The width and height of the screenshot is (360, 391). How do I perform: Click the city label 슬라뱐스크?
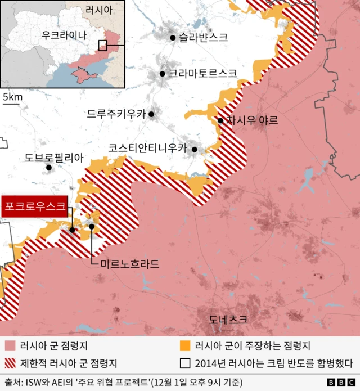[203, 38]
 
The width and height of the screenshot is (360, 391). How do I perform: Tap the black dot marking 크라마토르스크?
[163, 73]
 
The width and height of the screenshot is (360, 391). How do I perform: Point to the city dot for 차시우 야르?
[220, 120]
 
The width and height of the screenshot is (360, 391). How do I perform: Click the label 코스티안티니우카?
[147, 149]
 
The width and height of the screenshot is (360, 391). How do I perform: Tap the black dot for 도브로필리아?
[49, 167]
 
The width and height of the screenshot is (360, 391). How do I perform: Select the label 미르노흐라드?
[129, 263]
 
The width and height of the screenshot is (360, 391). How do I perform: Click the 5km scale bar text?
[12, 97]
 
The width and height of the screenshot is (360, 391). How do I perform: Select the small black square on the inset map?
[102, 45]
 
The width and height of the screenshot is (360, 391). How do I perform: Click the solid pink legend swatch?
[9, 346]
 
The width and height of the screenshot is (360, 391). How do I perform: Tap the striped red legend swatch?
[9, 363]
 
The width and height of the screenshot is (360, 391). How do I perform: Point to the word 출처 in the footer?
[12, 383]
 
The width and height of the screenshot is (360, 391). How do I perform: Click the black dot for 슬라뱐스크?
[173, 38]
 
